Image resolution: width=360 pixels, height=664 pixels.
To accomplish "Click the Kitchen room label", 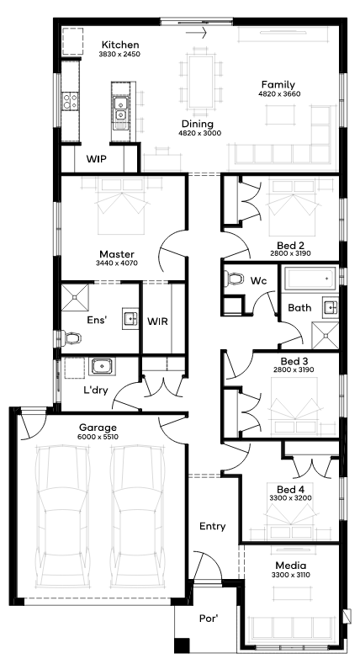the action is pos(120,45).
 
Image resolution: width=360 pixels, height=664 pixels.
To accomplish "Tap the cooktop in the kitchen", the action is pos(70,102).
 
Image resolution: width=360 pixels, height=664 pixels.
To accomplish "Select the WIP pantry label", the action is pos(97,159).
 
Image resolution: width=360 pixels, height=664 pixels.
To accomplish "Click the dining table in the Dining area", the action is pos(200,82).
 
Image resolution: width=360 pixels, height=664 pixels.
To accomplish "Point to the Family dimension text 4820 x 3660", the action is pos(279,94).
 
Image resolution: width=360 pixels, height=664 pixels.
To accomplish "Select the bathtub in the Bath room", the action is pos(310,279).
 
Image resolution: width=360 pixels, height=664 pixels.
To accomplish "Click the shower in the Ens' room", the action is pos(76,298).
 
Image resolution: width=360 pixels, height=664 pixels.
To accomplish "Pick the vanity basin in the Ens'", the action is pos(130,318).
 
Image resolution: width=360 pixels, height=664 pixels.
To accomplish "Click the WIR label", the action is pos(157,321).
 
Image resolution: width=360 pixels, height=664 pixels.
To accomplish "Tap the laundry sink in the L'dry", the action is pos(102,366).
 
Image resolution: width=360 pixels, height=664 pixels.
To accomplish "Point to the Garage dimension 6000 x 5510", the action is pos(98,437).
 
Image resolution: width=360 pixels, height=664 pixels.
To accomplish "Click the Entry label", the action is pos(212,526).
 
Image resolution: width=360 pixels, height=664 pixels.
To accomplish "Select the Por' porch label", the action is pos(209,619).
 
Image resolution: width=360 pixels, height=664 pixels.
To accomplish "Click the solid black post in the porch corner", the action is pos(182,645).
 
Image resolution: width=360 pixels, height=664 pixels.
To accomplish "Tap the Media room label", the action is pos(291,566).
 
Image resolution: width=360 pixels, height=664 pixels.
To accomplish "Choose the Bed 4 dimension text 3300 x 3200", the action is pos(291,498).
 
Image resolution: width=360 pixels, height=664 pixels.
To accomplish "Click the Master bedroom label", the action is pos(117,254).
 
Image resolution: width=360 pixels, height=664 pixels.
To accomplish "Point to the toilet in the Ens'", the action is pos(71,337).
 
